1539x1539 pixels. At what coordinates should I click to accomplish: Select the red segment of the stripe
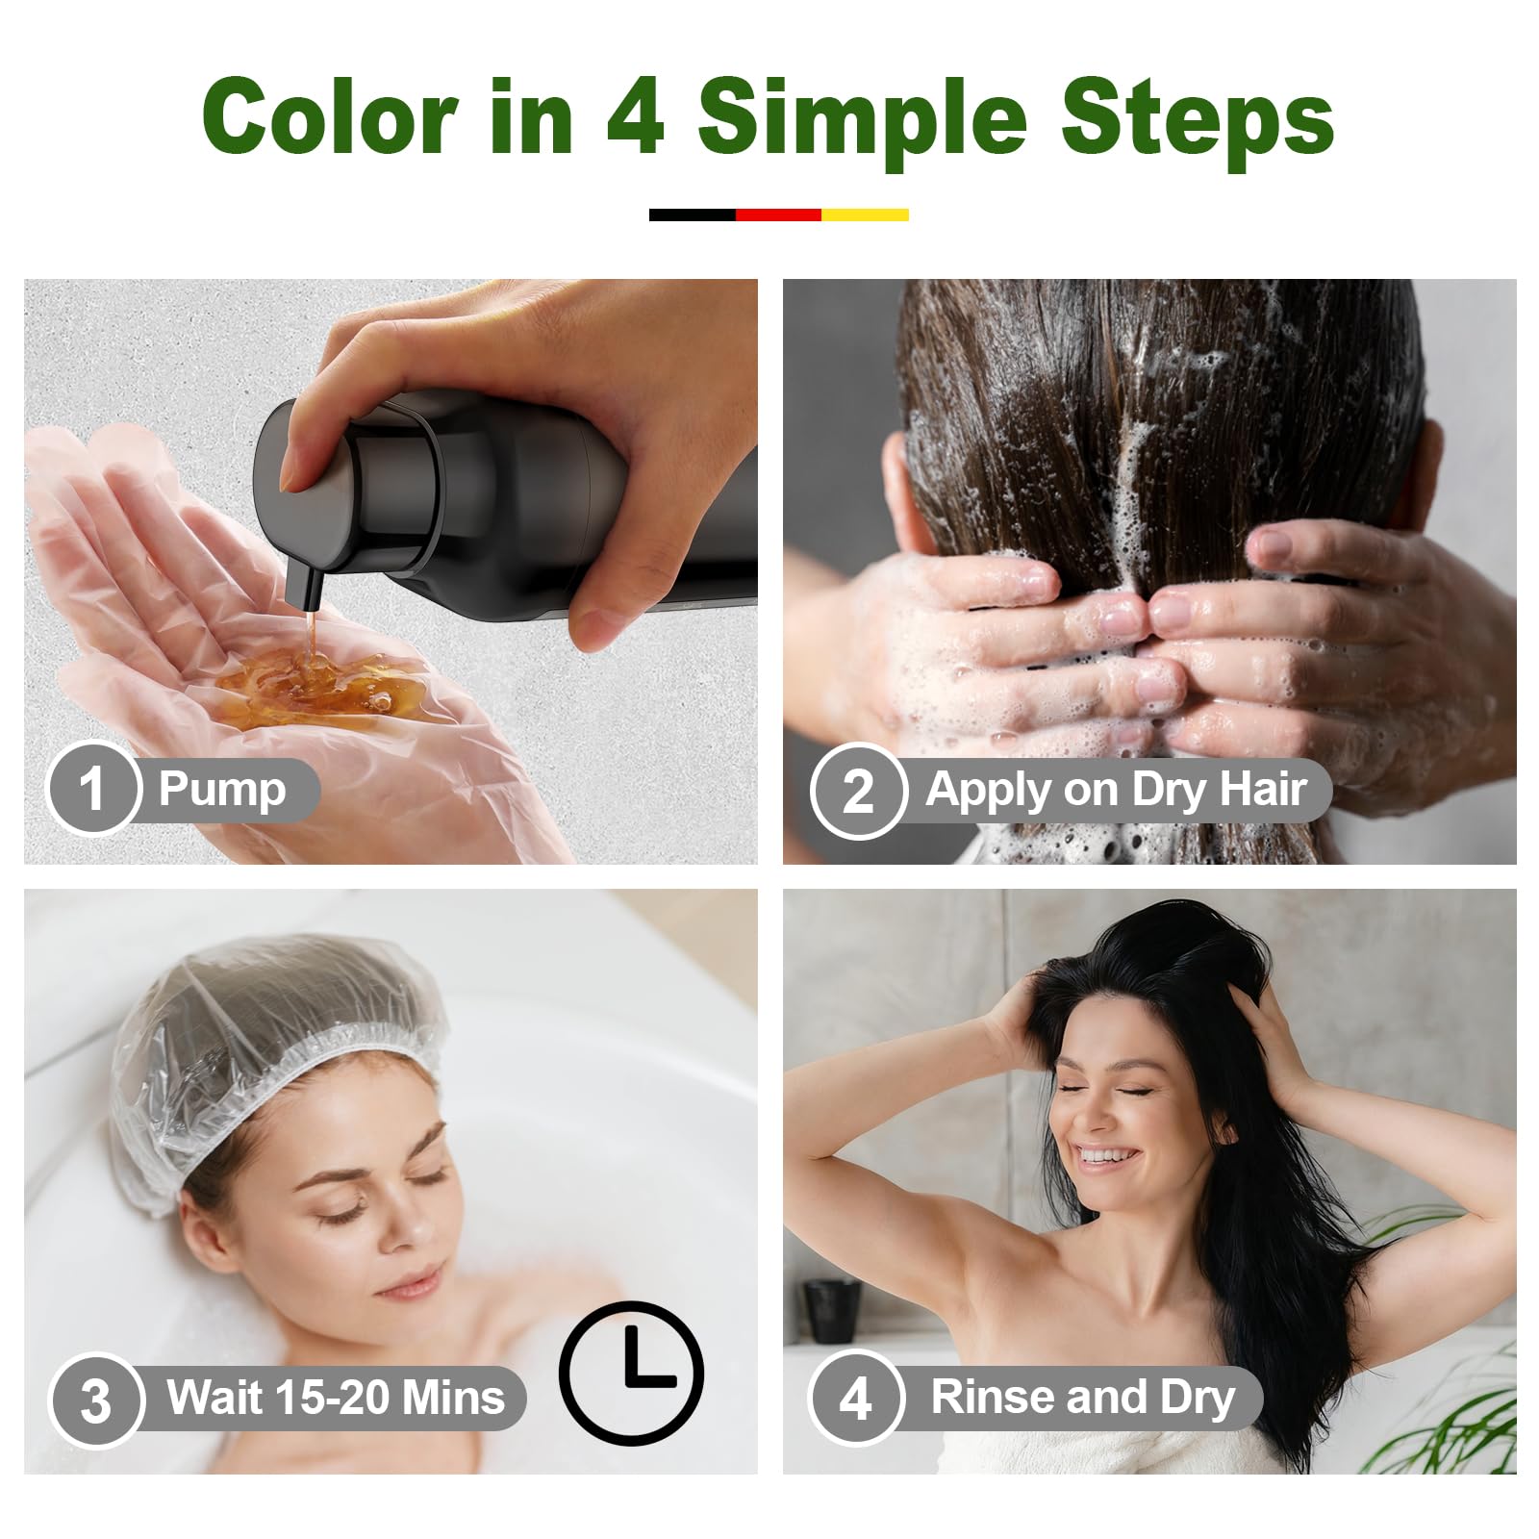[778, 214]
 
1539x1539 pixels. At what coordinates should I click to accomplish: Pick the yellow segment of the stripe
[865, 214]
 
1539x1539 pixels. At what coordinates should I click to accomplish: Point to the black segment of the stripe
[693, 214]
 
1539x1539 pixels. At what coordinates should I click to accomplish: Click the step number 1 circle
[93, 789]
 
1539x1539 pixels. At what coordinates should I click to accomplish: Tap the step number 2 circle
[858, 791]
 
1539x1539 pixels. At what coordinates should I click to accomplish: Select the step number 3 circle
[95, 1400]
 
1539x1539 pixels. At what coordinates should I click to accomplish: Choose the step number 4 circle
[855, 1398]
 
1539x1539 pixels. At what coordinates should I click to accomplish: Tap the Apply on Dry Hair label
[1116, 791]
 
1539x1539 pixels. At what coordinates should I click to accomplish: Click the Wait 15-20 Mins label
[336, 1398]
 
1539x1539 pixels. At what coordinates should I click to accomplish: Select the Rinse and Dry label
[1083, 1399]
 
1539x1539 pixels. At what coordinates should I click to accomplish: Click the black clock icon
[631, 1373]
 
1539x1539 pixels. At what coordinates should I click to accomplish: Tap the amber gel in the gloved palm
[308, 685]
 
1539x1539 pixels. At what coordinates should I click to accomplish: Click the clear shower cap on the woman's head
[274, 1044]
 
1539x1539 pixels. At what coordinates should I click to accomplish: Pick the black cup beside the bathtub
[832, 1310]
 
